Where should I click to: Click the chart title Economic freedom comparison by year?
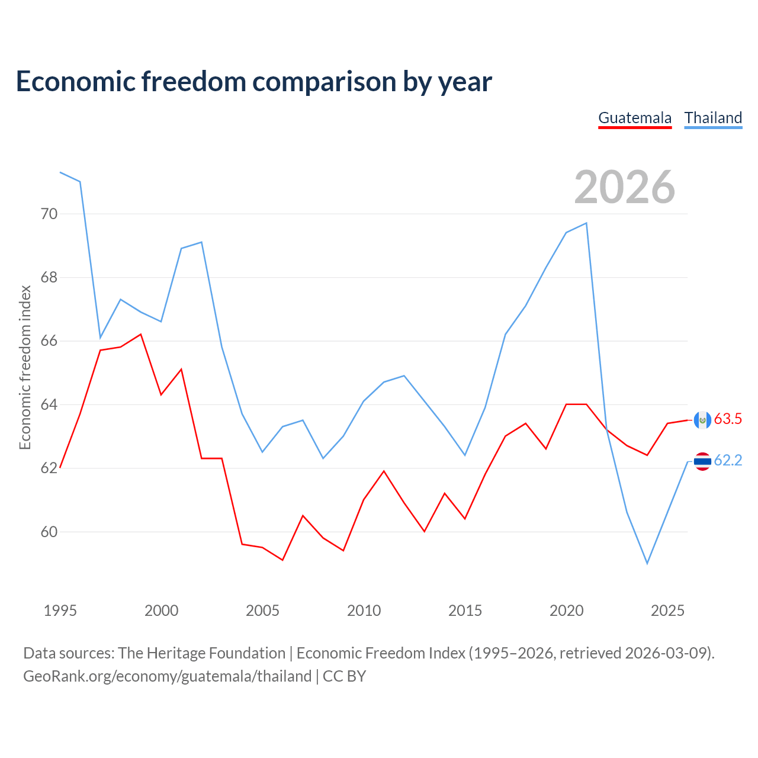[x=254, y=82]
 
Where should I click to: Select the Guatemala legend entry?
[x=635, y=118]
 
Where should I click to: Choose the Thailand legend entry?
[x=713, y=118]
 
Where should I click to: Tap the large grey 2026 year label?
[x=625, y=187]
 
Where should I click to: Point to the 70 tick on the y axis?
[x=49, y=214]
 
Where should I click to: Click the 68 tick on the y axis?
[x=49, y=277]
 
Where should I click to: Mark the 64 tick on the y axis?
[x=49, y=404]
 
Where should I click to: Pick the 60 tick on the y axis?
[x=49, y=532]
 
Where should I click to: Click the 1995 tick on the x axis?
[x=60, y=611]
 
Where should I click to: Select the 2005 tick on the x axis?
[x=262, y=611]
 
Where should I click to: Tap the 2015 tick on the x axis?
[x=465, y=611]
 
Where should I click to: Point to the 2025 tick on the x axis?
[x=667, y=611]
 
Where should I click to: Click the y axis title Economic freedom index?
[x=25, y=367]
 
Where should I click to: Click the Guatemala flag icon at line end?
[x=702, y=420]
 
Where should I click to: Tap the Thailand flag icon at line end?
[x=702, y=461]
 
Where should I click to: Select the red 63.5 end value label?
[x=728, y=419]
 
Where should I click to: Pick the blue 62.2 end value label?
[x=728, y=461]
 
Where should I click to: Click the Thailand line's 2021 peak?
[x=586, y=223]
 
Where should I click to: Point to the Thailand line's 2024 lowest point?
[x=647, y=563]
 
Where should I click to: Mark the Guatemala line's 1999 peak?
[x=141, y=335]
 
